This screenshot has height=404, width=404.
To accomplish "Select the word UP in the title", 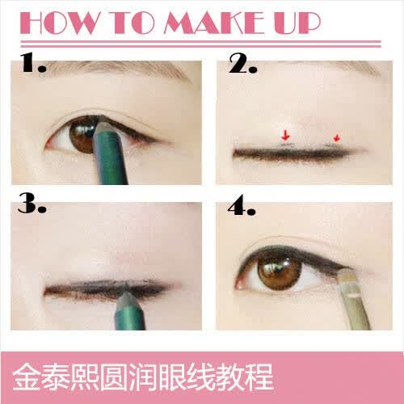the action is tap(297, 23).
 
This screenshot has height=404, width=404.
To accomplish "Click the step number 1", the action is tap(33, 62).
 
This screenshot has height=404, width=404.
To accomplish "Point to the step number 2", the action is tap(242, 63).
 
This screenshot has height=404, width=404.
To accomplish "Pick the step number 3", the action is tap(32, 204).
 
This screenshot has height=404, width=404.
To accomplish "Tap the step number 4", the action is tap(242, 205).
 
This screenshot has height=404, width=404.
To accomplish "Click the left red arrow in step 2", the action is tap(285, 135).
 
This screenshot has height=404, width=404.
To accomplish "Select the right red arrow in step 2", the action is tap(336, 137).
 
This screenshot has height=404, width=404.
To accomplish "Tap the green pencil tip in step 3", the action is tap(127, 292).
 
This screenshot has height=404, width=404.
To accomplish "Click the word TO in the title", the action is tap(133, 23).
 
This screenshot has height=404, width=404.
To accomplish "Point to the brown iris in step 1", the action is tap(82, 135).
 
